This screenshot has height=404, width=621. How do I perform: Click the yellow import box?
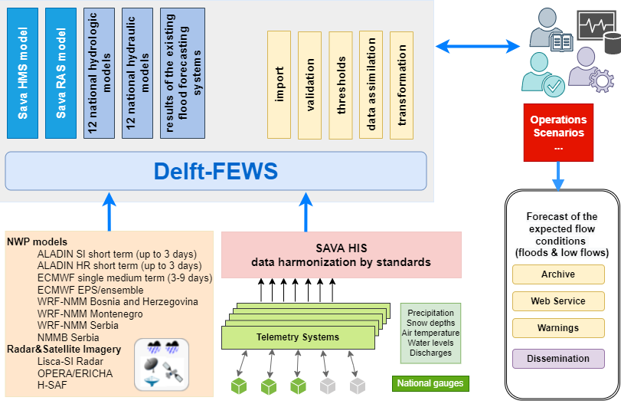click(x=279, y=85)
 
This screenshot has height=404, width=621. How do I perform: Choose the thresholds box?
click(x=341, y=85)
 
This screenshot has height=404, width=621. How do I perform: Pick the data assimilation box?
click(x=371, y=85)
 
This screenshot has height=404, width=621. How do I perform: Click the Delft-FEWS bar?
click(x=215, y=171)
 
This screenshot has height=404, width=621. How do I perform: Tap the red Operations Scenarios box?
click(x=558, y=132)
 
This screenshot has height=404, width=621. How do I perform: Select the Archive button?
click(x=558, y=274)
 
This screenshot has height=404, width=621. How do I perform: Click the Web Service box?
click(x=558, y=301)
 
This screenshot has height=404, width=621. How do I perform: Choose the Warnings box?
click(x=558, y=328)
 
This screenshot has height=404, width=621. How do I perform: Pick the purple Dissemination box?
click(x=558, y=359)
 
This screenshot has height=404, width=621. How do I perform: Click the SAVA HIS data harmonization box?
click(x=341, y=255)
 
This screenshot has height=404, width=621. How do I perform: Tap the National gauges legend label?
click(x=429, y=383)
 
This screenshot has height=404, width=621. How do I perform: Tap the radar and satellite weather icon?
click(x=162, y=364)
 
